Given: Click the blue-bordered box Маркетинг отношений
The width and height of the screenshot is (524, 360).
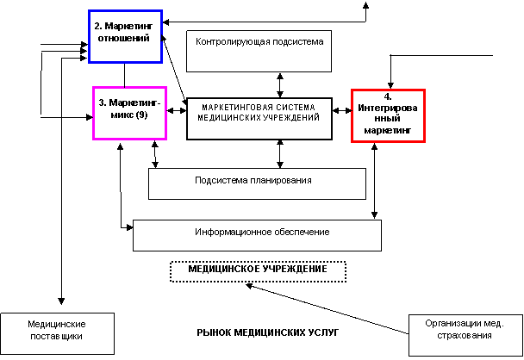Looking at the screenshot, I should coord(125,36).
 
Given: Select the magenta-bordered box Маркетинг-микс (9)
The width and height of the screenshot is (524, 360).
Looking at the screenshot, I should coord(129,112).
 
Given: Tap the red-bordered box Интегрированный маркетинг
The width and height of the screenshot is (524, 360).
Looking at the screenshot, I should coord(388,115).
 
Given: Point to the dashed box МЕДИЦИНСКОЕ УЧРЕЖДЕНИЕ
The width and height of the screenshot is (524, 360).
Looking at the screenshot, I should coord(258,271).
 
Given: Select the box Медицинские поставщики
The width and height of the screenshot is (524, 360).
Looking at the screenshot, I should coord(56,332).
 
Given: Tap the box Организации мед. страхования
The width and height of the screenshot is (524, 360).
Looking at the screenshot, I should coord(465,331).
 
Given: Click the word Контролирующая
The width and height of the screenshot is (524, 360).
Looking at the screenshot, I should coord(228,41).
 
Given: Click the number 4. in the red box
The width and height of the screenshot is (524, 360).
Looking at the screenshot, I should coord(388,96).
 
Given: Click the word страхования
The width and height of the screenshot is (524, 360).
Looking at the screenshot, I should coord(464,338).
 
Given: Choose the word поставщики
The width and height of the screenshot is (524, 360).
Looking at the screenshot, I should coord(56,338).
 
